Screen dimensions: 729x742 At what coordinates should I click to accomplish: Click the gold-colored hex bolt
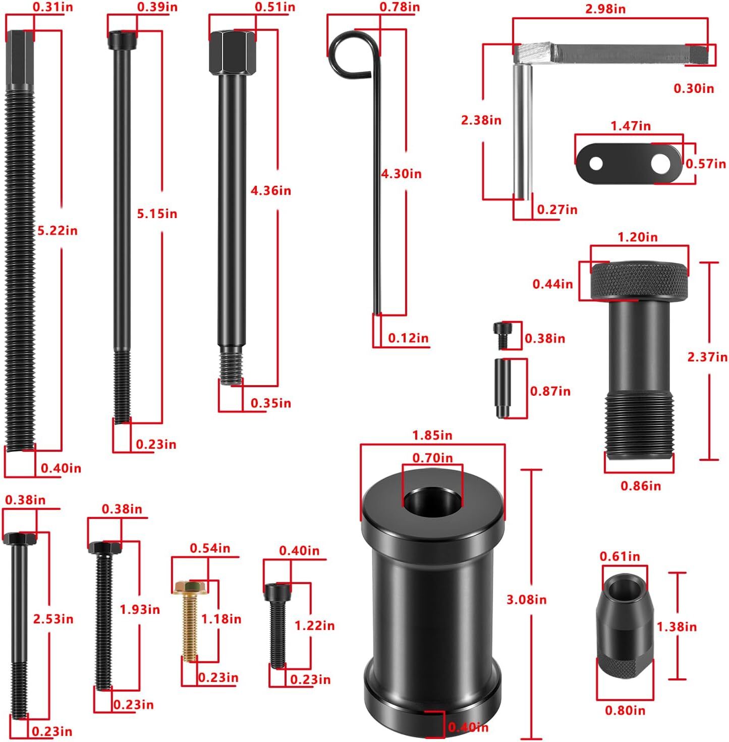[x=190, y=620]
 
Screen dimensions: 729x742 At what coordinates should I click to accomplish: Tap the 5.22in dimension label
[x=58, y=231]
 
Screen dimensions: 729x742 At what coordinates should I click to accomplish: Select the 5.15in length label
[x=157, y=214]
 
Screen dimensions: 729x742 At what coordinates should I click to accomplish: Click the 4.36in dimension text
[x=271, y=191]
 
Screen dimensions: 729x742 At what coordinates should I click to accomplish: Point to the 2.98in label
[x=605, y=9]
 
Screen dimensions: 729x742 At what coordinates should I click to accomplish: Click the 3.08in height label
[x=526, y=600]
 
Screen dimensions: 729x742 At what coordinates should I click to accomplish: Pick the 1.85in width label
[x=432, y=436]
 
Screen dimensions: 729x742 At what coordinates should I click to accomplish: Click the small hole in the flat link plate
[x=596, y=163]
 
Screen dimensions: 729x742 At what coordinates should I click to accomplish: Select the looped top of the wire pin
[x=352, y=52]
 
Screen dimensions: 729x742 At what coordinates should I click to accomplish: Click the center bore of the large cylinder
[x=432, y=501]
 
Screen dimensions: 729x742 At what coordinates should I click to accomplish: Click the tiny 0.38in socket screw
[x=501, y=336]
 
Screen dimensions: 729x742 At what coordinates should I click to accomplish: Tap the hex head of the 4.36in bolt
[x=233, y=52]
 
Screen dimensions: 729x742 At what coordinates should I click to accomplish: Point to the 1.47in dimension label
[x=631, y=126]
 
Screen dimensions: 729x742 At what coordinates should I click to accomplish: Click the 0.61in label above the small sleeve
[x=620, y=556]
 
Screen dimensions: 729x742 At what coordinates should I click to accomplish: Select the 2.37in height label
[x=707, y=357]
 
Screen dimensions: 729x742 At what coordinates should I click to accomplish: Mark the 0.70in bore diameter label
[x=433, y=458]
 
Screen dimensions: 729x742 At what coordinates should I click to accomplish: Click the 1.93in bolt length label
[x=140, y=609]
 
